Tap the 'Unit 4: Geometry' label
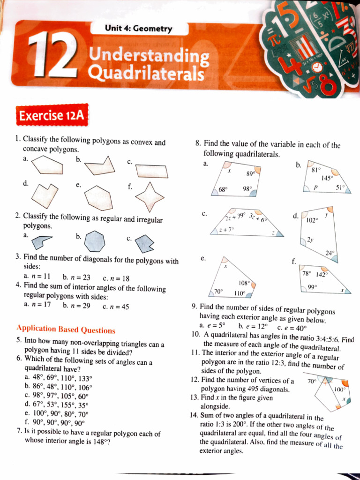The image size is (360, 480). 138,29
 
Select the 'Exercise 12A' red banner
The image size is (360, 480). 52,115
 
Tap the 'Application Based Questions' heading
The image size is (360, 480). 66,330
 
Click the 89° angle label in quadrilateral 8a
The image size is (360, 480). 250,173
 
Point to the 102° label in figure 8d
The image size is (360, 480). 312,219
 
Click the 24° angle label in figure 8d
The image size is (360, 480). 330,253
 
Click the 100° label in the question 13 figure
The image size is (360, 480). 339,389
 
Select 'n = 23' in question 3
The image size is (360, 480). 76,277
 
